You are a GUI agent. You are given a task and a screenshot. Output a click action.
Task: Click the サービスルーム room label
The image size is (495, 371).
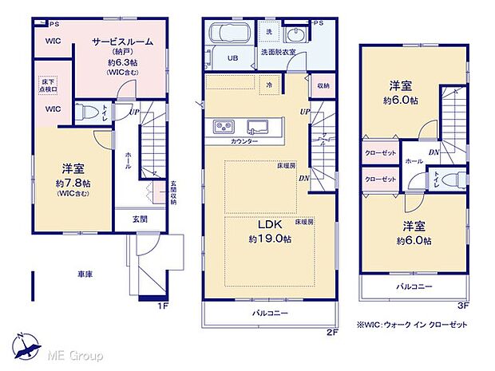tap(122, 41)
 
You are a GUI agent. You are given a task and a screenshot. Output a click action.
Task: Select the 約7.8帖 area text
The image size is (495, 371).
tap(73, 184)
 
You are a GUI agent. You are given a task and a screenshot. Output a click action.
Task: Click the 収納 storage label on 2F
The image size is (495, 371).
tap(323, 85)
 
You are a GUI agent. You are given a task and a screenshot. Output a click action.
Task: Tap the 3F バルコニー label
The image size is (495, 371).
tap(412, 285)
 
